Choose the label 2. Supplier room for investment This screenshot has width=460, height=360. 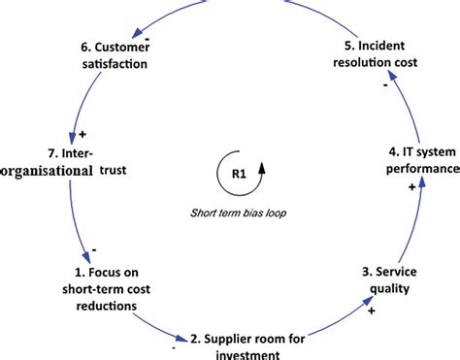click(x=247, y=346)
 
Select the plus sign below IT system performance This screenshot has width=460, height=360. click(x=413, y=186)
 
